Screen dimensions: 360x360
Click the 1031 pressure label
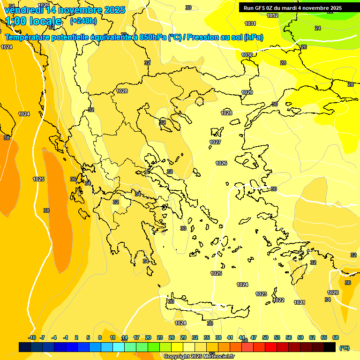(250, 23)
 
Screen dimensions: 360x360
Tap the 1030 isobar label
(247, 55)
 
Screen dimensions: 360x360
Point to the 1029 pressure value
(247, 92)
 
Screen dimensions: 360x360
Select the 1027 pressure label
(215, 142)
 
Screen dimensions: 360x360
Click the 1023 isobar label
(261, 294)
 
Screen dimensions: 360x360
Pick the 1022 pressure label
(278, 300)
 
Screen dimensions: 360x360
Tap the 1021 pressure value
(300, 302)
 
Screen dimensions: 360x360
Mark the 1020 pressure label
(333, 292)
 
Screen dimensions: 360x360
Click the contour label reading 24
(318, 29)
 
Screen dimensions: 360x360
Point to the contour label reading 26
(303, 47)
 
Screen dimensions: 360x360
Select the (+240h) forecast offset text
(83, 21)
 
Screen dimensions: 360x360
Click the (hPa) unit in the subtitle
(253, 37)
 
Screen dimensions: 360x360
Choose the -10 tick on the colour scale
(32, 337)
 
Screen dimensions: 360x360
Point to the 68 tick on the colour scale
(336, 337)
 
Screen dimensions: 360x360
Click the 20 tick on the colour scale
(148, 337)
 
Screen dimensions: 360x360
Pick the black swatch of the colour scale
(330, 347)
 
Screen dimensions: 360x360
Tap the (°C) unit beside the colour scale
(344, 347)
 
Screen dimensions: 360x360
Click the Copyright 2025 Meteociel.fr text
(199, 356)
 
